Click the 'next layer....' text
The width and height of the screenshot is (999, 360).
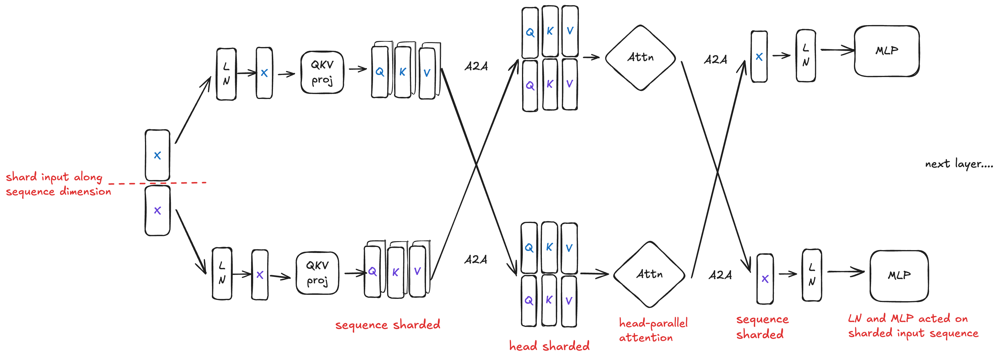click(958, 164)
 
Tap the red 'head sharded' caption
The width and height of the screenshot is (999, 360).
click(549, 346)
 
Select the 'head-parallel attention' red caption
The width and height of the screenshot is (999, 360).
click(653, 330)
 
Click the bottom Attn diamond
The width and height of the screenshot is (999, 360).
click(649, 275)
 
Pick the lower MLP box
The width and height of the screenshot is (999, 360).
click(899, 276)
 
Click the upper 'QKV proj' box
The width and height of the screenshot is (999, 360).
click(322, 72)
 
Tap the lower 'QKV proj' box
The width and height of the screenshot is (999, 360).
click(317, 273)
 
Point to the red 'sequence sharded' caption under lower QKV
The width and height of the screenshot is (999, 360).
click(387, 325)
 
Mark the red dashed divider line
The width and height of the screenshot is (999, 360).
click(157, 183)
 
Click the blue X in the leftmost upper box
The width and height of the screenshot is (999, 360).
click(157, 155)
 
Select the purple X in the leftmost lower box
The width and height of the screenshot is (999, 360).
click(157, 211)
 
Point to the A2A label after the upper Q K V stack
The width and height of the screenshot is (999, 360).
click(476, 66)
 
